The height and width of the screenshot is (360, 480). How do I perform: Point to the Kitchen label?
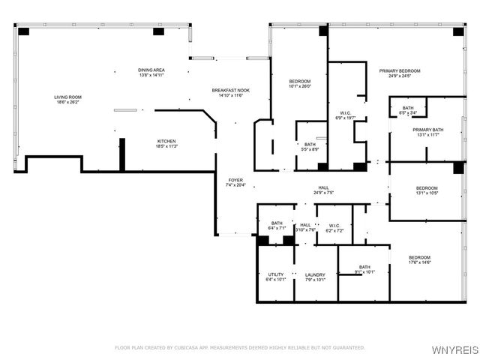point(166,143)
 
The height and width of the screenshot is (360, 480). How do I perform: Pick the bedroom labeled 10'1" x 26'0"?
point(299,83)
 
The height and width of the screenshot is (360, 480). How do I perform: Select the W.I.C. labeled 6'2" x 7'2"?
point(329,227)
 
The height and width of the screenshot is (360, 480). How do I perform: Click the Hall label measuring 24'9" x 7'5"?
point(323,190)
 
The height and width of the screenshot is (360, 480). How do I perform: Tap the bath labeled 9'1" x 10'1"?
point(364,269)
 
